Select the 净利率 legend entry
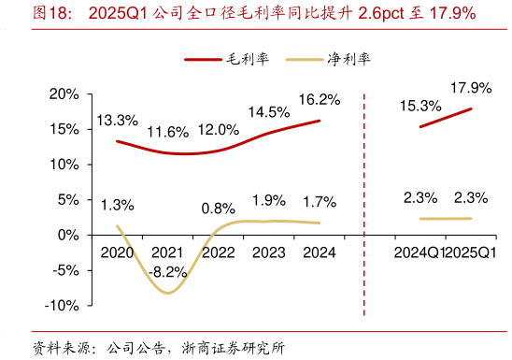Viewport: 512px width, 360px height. (x=348, y=60)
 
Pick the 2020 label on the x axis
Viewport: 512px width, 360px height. (x=118, y=253)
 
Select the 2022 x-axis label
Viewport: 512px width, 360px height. (x=219, y=253)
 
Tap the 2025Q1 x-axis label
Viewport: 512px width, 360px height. (x=471, y=253)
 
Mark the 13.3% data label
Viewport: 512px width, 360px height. (x=117, y=121)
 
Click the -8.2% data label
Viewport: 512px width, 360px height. (x=168, y=273)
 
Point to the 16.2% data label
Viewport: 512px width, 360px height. (x=320, y=99)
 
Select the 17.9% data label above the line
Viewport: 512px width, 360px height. (x=470, y=88)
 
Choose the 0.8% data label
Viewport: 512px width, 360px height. (x=218, y=209)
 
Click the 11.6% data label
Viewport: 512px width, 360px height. (x=168, y=132)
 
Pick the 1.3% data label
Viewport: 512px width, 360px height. (x=117, y=205)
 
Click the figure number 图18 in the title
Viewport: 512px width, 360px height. (x=50, y=13)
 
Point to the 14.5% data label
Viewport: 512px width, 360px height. (x=268, y=112)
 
